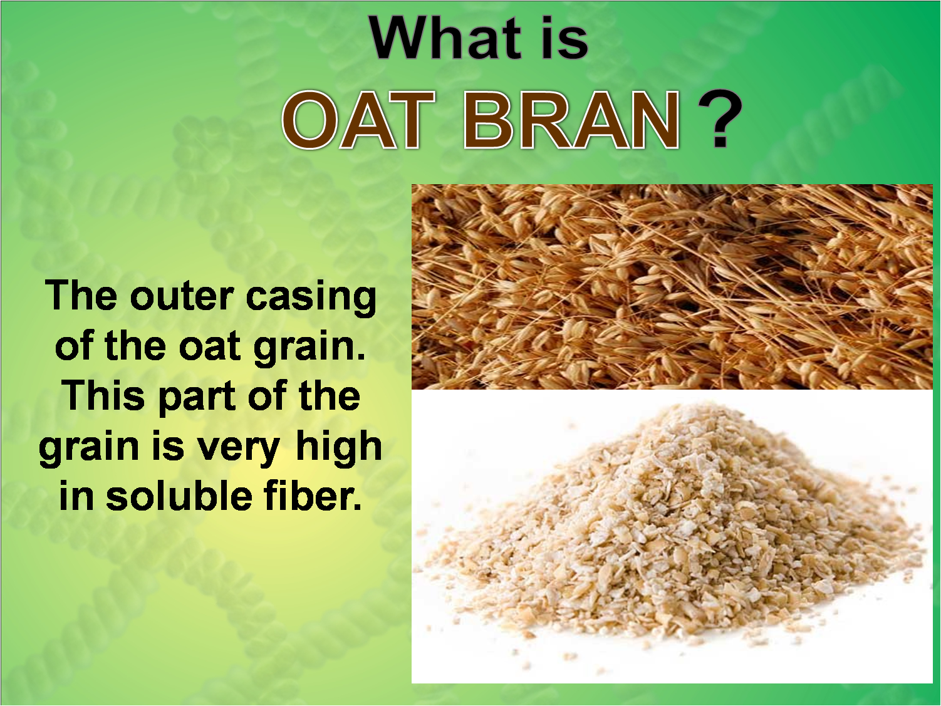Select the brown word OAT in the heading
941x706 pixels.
click(359, 120)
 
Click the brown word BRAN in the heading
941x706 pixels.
click(571, 120)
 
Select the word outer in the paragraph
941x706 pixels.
click(182, 297)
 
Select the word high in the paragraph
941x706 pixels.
click(338, 447)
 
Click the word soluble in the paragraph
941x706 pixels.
click(179, 496)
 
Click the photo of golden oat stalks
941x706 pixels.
click(672, 286)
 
